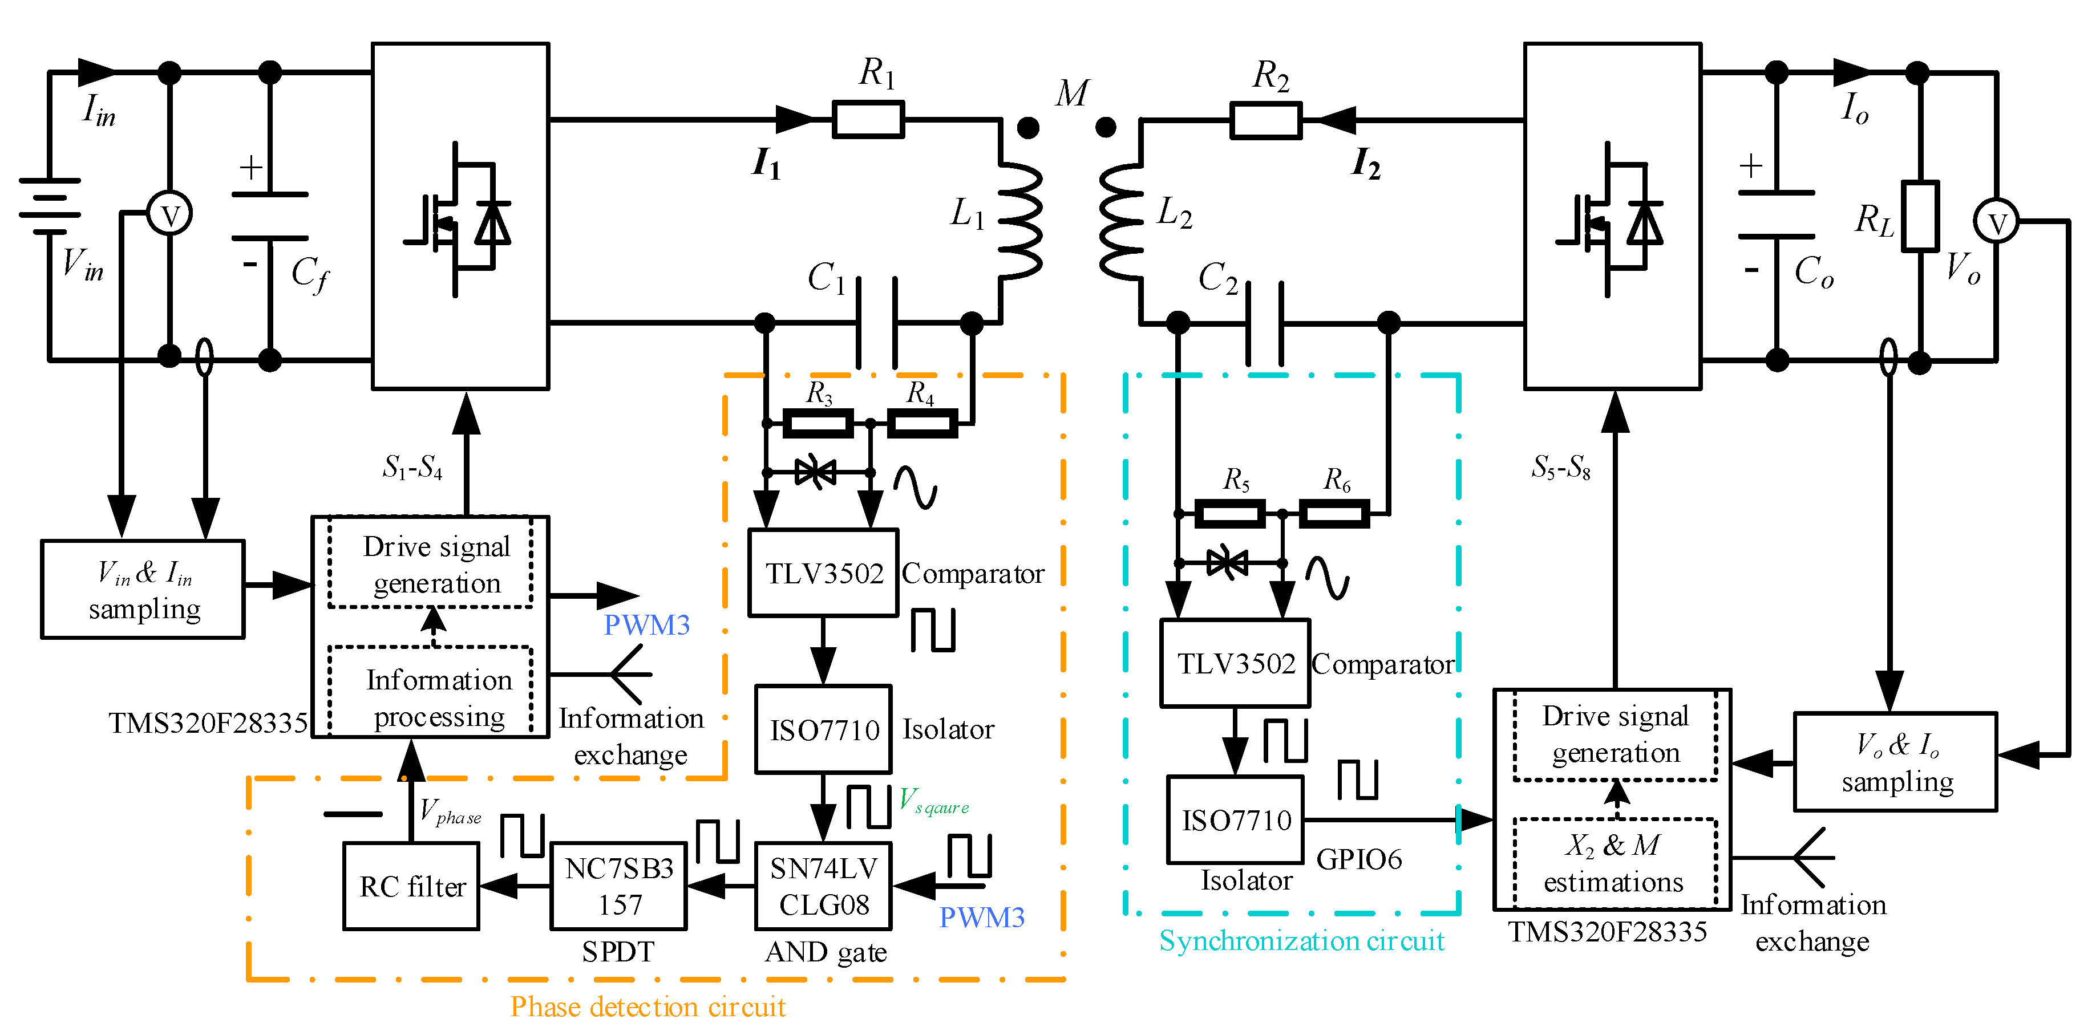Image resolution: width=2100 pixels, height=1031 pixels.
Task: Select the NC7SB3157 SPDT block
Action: click(x=619, y=886)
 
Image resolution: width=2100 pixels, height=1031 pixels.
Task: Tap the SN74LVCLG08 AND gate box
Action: click(x=823, y=886)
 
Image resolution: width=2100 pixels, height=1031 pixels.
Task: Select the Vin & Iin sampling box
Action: click(x=143, y=589)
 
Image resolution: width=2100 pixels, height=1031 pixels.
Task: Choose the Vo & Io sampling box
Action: click(x=1895, y=762)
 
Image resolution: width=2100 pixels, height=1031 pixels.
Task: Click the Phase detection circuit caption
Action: click(x=648, y=1006)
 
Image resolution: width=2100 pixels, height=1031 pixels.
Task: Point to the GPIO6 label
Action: click(x=1359, y=859)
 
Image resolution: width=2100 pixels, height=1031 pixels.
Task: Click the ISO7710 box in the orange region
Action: click(x=823, y=729)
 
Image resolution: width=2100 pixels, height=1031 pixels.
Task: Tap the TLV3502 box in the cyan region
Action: click(x=1235, y=663)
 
